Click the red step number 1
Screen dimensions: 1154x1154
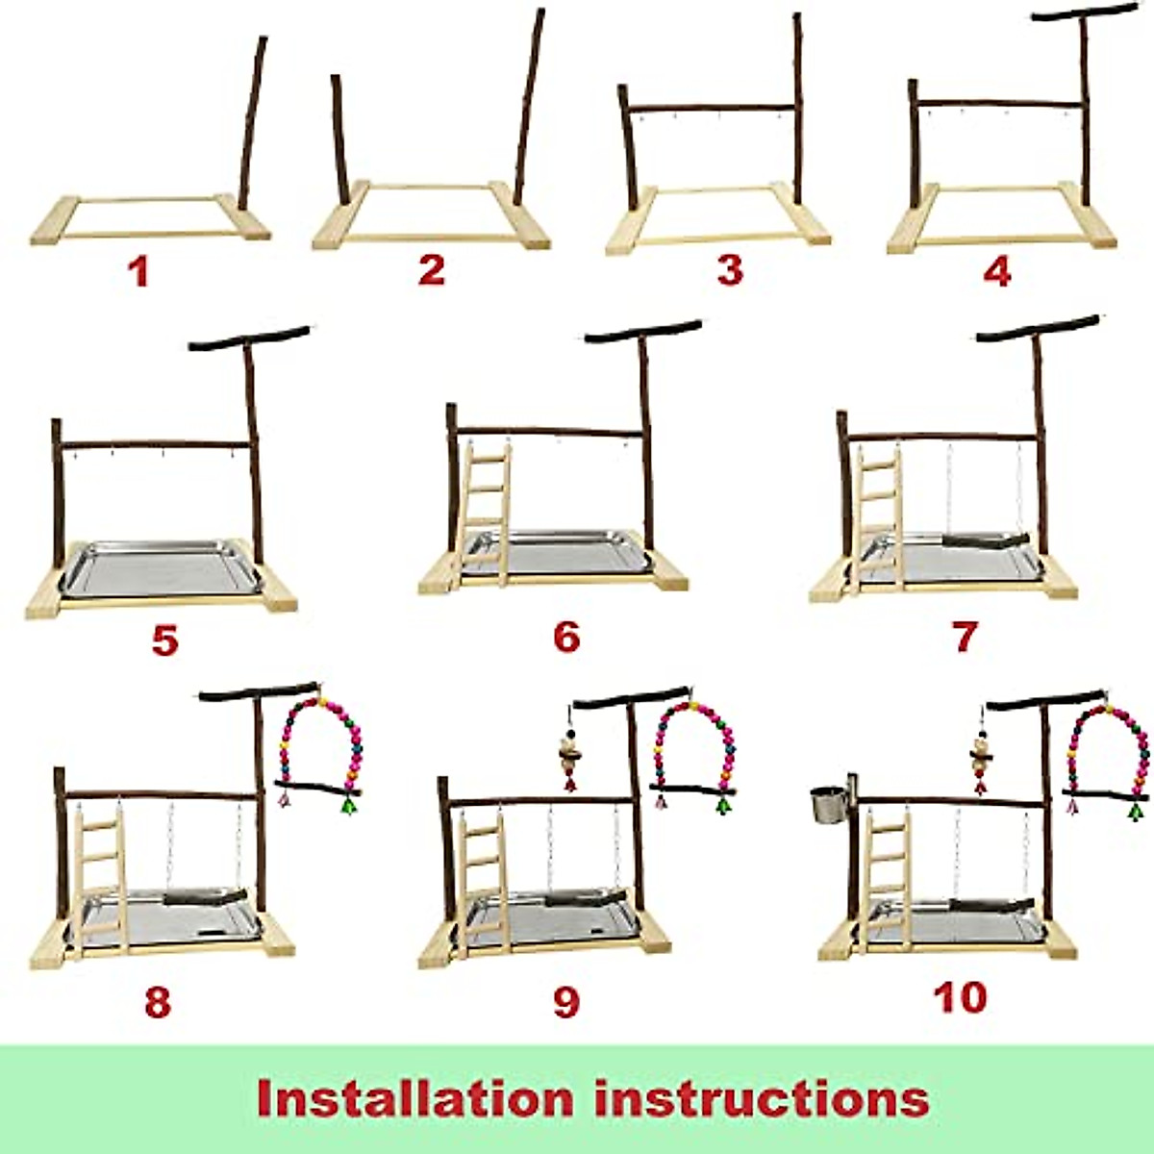140,271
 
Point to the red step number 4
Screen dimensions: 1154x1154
997,271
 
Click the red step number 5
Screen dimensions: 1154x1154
164,640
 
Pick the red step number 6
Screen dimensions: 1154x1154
566,637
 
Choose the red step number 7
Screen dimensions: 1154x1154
965,636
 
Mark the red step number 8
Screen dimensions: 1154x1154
158,1001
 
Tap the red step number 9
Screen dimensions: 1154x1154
566,1001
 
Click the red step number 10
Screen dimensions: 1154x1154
960,997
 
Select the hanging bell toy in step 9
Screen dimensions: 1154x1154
567,755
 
